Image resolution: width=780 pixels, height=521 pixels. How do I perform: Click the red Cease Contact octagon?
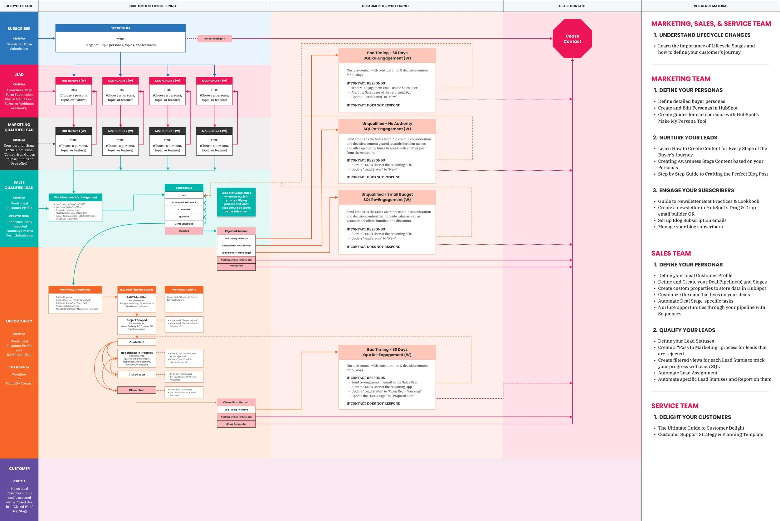[572, 39]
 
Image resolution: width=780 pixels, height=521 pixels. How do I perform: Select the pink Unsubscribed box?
[214, 39]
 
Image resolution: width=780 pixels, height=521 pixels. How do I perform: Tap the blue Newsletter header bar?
[120, 28]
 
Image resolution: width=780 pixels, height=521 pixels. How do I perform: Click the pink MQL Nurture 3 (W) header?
[168, 80]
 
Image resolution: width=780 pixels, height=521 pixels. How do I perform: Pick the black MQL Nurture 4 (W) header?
[214, 131]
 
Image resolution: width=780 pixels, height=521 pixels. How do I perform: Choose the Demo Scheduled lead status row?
[184, 224]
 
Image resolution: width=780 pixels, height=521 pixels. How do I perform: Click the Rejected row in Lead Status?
[184, 231]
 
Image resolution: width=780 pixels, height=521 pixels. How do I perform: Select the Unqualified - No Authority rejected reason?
[236, 246]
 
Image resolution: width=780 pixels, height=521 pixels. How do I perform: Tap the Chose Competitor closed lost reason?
[236, 424]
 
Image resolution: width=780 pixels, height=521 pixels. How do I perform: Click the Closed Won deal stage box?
[137, 374]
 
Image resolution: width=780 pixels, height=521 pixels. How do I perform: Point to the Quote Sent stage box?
[137, 342]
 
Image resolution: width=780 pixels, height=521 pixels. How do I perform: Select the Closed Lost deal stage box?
[137, 390]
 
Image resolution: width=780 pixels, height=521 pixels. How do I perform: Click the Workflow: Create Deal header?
[75, 290]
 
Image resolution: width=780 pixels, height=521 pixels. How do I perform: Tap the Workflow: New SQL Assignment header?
[76, 197]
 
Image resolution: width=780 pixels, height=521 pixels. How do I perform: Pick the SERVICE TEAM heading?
[675, 406]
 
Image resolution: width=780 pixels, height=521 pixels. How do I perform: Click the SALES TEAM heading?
[671, 253]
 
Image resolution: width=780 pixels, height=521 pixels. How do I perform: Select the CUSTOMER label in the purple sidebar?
[19, 469]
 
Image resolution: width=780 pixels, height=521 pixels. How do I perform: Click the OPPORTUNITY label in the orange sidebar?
[19, 321]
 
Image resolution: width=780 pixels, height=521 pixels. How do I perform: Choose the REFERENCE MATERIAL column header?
[710, 6]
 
